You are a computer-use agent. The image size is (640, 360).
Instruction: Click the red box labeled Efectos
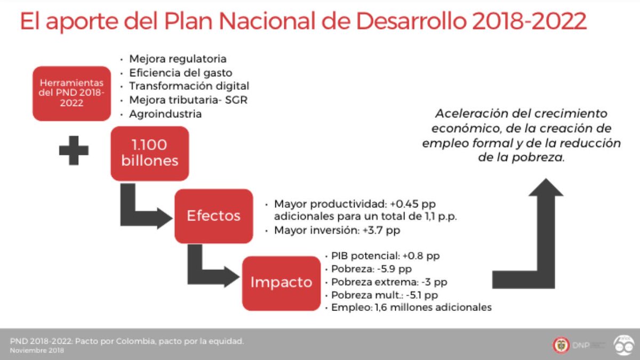point(214,216)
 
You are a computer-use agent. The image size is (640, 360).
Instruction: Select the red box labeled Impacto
point(282,283)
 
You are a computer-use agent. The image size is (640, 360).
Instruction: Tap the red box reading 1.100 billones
point(150,154)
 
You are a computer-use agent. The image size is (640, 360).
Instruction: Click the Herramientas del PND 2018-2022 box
point(71,93)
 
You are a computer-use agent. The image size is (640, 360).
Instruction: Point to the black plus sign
point(74,150)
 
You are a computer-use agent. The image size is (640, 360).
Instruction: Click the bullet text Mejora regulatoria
point(178,59)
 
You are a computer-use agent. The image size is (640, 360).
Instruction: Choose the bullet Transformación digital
point(189,86)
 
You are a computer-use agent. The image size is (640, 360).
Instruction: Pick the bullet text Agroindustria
point(165,114)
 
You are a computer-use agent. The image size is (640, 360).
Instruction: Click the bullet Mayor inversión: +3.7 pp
point(337,230)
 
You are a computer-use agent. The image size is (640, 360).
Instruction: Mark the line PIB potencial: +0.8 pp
point(386,255)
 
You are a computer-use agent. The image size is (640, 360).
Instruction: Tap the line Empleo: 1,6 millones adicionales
point(411,307)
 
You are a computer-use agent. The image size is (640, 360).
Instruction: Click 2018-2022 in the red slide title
point(529,21)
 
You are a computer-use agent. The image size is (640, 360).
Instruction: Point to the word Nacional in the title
point(267,21)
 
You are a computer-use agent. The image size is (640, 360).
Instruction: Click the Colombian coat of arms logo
point(561,345)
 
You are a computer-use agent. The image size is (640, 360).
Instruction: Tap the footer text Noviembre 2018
point(37,350)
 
